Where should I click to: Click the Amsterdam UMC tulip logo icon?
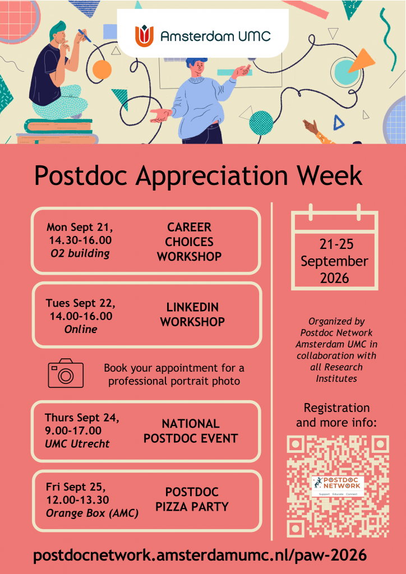[x=144, y=36]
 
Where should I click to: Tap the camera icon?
[x=66, y=373]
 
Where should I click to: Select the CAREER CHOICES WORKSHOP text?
[x=190, y=242]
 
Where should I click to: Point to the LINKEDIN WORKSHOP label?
[x=192, y=314]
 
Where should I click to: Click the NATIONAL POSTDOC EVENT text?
[x=191, y=431]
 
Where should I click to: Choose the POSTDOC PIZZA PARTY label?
[x=192, y=499]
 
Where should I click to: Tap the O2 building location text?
[x=80, y=254]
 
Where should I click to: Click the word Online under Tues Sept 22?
[x=81, y=329]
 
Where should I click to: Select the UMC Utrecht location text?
[x=77, y=444]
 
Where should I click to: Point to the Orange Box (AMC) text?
[x=93, y=513]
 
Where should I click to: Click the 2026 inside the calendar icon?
[x=335, y=279]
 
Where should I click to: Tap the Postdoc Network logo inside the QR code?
[x=337, y=486]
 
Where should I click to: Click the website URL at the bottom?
[x=200, y=556]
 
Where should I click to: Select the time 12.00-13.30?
[x=77, y=499]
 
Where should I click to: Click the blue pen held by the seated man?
[x=84, y=35]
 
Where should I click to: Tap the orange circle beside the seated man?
[x=101, y=69]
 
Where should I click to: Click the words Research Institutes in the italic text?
[x=336, y=373]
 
